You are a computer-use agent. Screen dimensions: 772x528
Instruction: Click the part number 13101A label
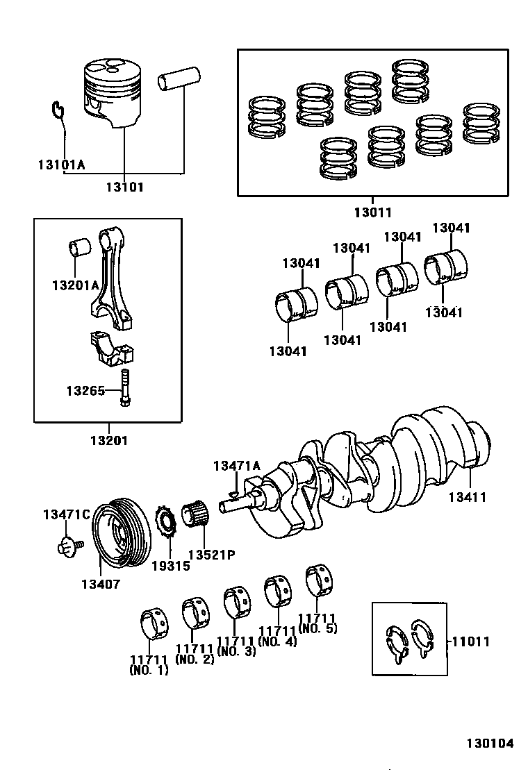(x=61, y=165)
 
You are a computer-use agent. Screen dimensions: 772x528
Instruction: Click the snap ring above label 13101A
(x=58, y=109)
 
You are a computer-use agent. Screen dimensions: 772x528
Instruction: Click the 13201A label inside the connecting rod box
(x=75, y=285)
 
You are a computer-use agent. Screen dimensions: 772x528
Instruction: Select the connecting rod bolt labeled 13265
(x=124, y=389)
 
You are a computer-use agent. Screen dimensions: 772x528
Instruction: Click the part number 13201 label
(x=108, y=440)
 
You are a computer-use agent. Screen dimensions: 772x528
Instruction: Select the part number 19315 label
(x=171, y=565)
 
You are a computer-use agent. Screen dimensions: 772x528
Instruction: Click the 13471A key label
(x=237, y=466)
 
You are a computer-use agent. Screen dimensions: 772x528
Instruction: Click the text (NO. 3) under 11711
(x=236, y=651)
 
